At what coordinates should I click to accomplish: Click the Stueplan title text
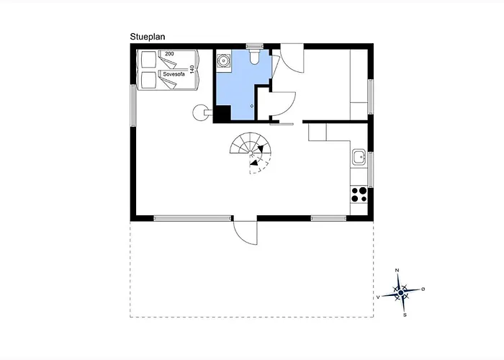(148, 37)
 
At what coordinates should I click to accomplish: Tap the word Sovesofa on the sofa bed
(174, 74)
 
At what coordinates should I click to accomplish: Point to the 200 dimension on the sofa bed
(169, 54)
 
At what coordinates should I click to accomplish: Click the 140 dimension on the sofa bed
(192, 69)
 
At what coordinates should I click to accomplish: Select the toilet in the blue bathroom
(255, 57)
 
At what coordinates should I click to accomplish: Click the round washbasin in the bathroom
(222, 60)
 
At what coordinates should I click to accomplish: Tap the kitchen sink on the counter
(359, 157)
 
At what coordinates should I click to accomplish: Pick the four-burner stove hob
(359, 194)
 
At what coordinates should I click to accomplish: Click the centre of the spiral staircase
(251, 153)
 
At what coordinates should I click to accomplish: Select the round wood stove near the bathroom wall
(200, 112)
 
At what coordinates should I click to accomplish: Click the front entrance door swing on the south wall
(245, 233)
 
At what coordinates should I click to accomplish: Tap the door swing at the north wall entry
(292, 60)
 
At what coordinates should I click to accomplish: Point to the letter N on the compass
(397, 270)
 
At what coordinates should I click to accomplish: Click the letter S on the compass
(405, 315)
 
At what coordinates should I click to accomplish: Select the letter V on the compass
(378, 297)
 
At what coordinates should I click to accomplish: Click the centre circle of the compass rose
(400, 293)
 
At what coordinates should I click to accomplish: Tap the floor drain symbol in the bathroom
(252, 106)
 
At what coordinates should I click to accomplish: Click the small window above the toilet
(255, 46)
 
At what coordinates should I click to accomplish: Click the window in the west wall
(133, 105)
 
